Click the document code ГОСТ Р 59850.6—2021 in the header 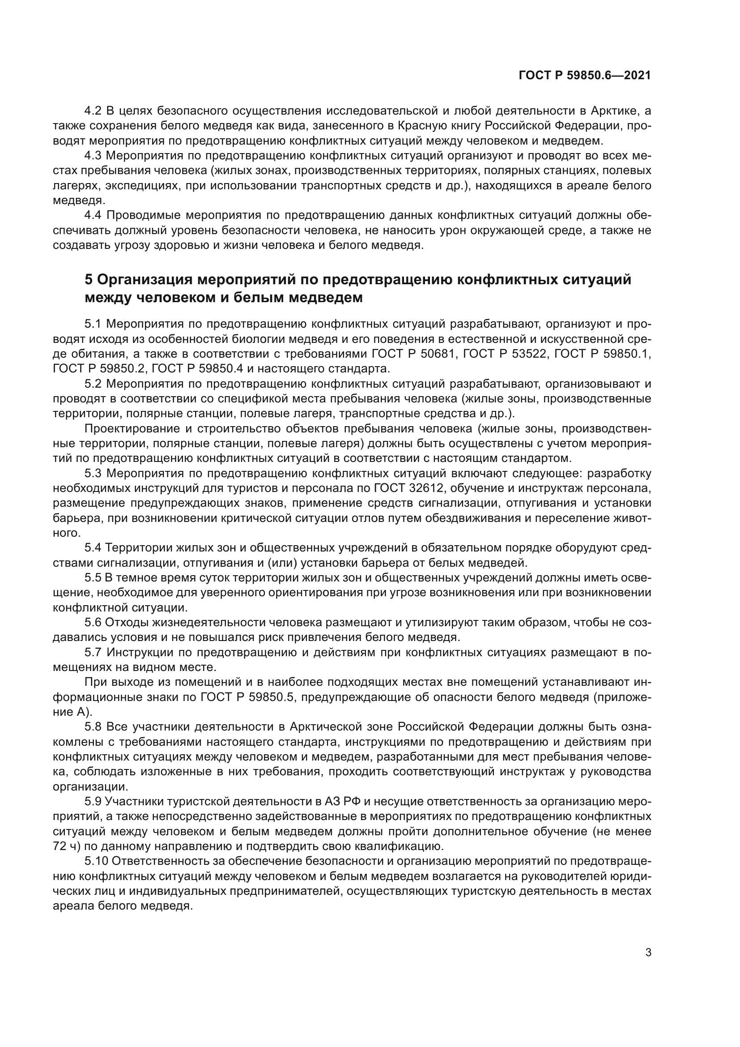(585, 76)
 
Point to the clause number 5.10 (96, 861)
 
